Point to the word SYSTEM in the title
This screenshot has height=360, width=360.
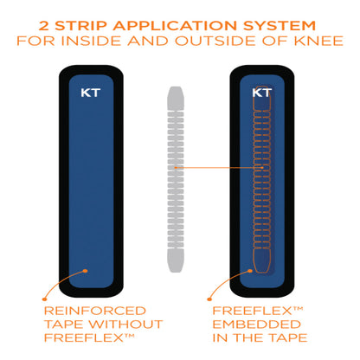[282, 20]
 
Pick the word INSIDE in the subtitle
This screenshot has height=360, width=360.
[112, 39]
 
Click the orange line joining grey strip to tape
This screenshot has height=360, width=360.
[216, 166]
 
